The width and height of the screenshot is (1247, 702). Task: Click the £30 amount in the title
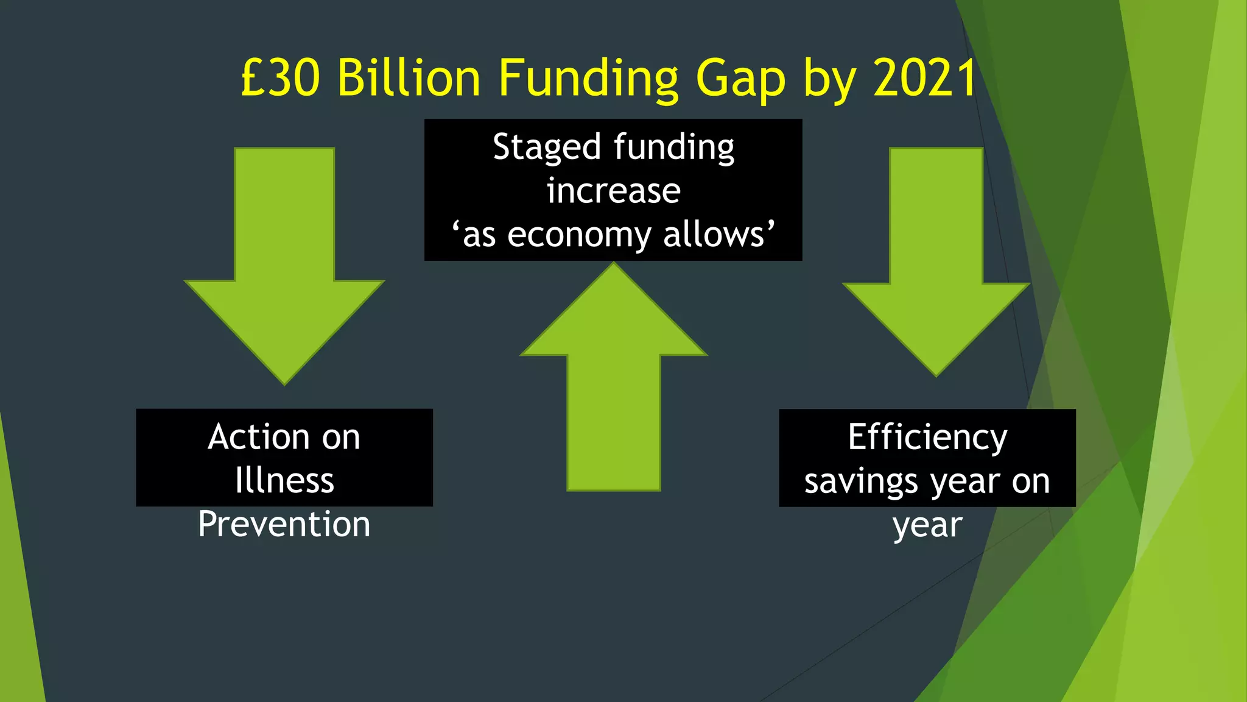[x=280, y=78]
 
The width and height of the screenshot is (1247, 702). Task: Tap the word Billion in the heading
[x=409, y=78]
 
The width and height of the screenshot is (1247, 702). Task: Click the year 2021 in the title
[x=925, y=78]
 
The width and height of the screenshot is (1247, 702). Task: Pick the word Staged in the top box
[x=547, y=147]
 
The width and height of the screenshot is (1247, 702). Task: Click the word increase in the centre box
[x=613, y=191]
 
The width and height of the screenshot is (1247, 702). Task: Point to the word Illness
[x=284, y=480]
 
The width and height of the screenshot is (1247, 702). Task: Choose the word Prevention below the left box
[x=284, y=524]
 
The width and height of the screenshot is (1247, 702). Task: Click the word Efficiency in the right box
[x=927, y=438]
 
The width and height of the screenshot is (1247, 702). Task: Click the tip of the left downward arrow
[x=284, y=383]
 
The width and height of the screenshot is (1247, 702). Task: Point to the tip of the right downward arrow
[x=936, y=375]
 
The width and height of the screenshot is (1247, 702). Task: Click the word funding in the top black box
[x=674, y=147]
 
